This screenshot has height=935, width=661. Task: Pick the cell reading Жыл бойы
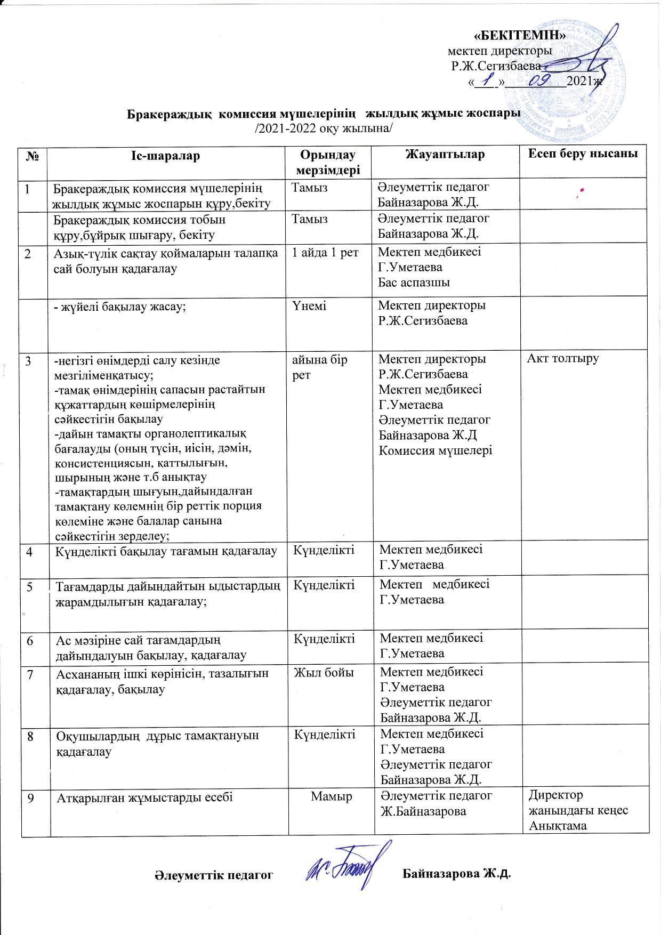[325, 673]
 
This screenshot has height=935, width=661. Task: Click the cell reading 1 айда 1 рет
[325, 253]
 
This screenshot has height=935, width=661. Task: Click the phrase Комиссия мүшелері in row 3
[435, 450]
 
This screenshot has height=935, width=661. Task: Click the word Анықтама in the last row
[558, 826]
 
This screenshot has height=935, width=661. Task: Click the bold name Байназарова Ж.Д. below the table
[457, 874]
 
